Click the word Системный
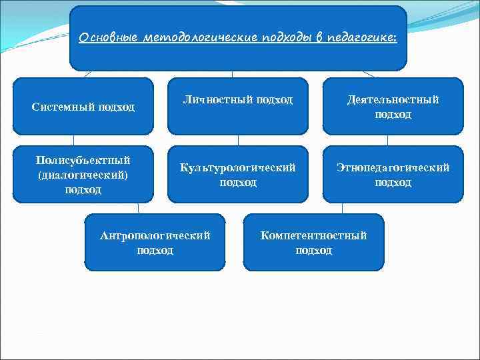(63, 107)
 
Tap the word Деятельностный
(393, 99)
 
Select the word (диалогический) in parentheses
(83, 175)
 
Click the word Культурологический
(238, 168)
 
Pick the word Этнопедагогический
(393, 168)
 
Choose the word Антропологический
(155, 235)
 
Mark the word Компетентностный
(313, 235)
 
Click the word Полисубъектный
(83, 161)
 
